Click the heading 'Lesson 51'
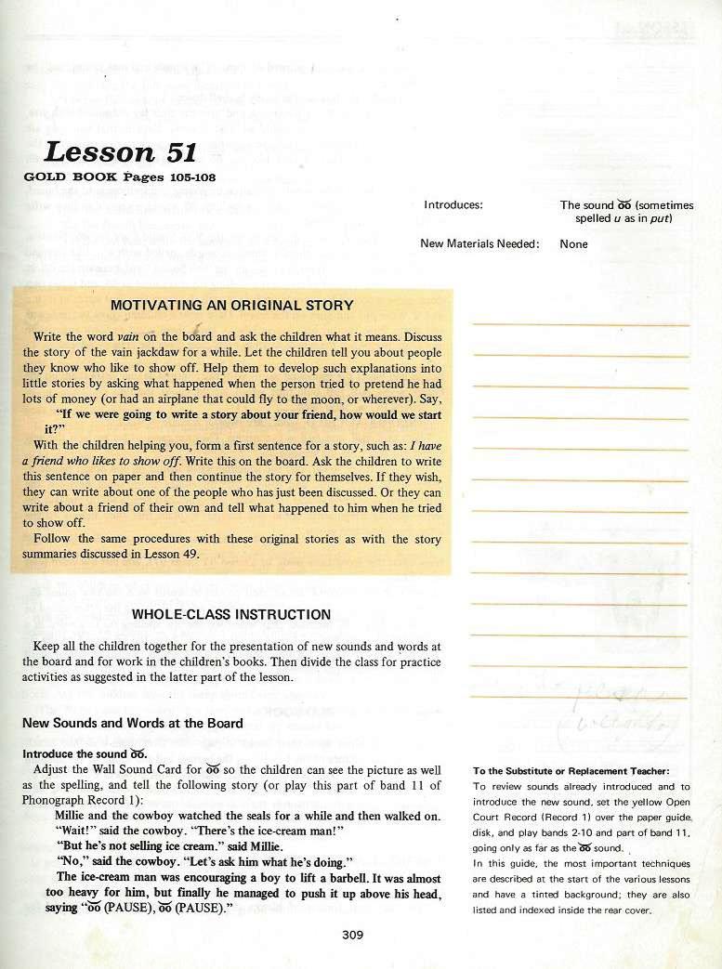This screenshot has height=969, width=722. point(118,152)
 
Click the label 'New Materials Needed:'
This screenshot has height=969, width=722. point(479,244)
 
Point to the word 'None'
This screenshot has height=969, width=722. point(573,244)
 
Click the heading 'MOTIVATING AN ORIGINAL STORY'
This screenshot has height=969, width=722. point(231,305)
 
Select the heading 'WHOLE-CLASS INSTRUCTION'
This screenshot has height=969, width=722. point(231,614)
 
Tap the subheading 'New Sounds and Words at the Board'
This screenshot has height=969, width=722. point(133,723)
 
